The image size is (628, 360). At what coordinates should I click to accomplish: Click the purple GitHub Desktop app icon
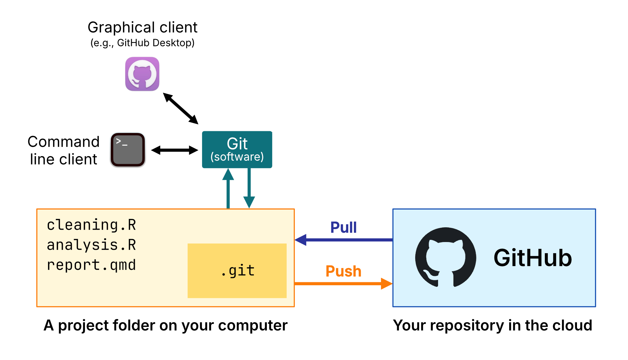click(x=142, y=74)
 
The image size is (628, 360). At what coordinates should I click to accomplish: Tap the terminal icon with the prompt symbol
click(x=128, y=150)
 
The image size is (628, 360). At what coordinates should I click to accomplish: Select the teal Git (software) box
click(x=237, y=150)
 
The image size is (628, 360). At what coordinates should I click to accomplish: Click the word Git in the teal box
click(x=237, y=144)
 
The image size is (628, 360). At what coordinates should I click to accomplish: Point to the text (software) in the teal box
click(x=237, y=157)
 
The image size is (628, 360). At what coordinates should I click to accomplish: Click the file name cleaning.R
click(x=92, y=225)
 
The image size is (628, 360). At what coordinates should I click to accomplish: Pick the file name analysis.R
click(x=92, y=245)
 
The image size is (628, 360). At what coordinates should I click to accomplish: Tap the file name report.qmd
click(x=92, y=265)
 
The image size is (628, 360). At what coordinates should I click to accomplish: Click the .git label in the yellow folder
click(x=238, y=271)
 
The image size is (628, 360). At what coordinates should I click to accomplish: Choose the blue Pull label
click(x=343, y=227)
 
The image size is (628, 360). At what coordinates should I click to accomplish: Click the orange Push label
click(x=343, y=271)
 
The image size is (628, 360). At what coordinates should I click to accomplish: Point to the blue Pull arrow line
click(x=348, y=240)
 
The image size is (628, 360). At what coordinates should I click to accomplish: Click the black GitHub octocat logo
click(x=445, y=257)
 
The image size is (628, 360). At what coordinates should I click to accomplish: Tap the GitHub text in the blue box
click(x=533, y=258)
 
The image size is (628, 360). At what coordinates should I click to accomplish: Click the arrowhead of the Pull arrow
click(x=301, y=240)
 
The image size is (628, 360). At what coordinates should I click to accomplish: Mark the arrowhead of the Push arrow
click(x=387, y=283)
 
